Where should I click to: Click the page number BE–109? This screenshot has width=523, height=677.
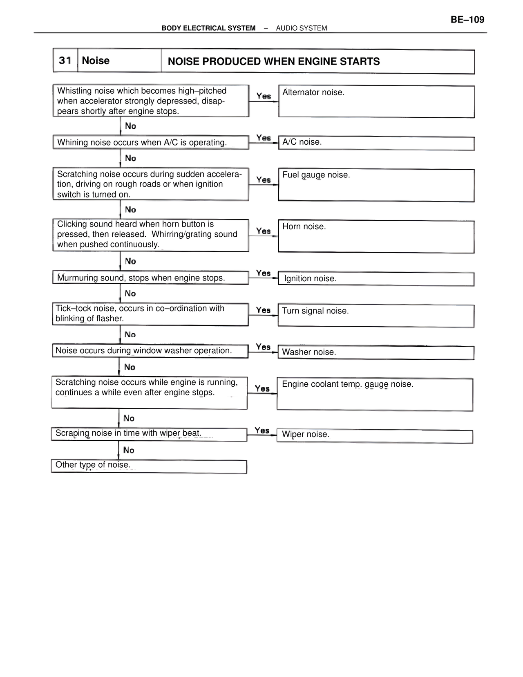[467, 20]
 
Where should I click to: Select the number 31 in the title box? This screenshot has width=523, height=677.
[65, 61]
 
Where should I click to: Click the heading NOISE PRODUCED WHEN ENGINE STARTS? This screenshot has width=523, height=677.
[274, 61]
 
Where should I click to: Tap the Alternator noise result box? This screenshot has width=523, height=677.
[376, 101]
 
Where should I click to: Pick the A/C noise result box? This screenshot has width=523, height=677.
[376, 143]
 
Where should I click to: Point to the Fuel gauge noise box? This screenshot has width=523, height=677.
[376, 185]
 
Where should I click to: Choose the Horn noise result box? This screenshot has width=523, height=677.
[376, 236]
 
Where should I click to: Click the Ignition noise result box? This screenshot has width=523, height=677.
[376, 279]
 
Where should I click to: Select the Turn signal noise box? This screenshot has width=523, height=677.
[376, 316]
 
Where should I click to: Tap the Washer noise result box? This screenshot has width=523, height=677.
[376, 352]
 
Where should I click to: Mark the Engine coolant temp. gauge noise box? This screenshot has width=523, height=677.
[375, 394]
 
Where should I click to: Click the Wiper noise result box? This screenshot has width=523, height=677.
[375, 436]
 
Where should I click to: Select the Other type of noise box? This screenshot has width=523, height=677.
[149, 466]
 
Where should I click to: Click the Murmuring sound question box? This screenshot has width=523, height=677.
[150, 278]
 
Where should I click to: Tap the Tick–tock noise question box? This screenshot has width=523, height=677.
[150, 314]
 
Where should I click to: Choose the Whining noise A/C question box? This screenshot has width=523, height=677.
[150, 142]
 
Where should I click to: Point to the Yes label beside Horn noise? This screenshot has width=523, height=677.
[264, 231]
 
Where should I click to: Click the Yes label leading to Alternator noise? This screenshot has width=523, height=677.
[264, 96]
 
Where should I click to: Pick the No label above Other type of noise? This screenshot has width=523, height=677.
[129, 450]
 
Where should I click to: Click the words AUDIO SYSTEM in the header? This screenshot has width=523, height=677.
[302, 28]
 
